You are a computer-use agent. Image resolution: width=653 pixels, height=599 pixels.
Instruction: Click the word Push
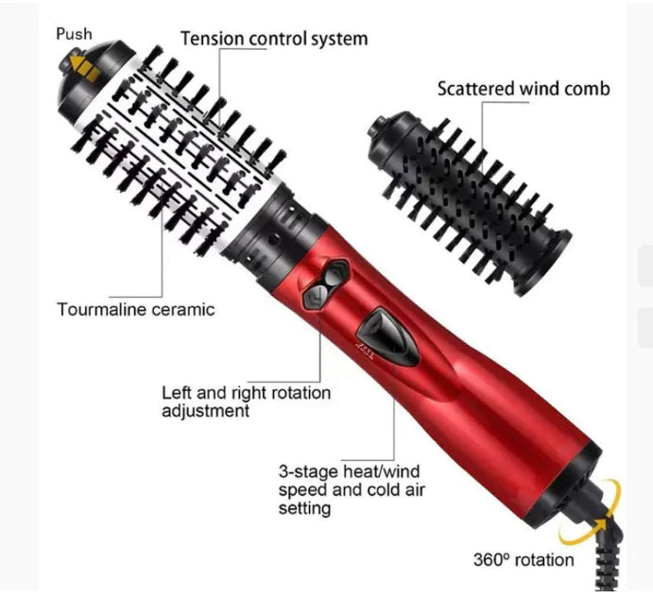point(74,34)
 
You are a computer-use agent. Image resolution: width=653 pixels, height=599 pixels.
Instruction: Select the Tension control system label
point(273,39)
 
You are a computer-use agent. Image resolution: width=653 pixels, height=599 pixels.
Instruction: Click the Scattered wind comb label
point(523,88)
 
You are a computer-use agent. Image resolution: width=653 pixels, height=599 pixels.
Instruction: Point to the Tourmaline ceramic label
point(136,309)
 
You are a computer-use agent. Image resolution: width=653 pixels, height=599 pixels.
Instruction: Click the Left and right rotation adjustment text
point(246,401)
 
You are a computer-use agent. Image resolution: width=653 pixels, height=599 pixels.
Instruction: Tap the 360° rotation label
point(523,559)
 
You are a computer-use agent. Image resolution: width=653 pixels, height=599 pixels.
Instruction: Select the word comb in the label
point(588,88)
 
